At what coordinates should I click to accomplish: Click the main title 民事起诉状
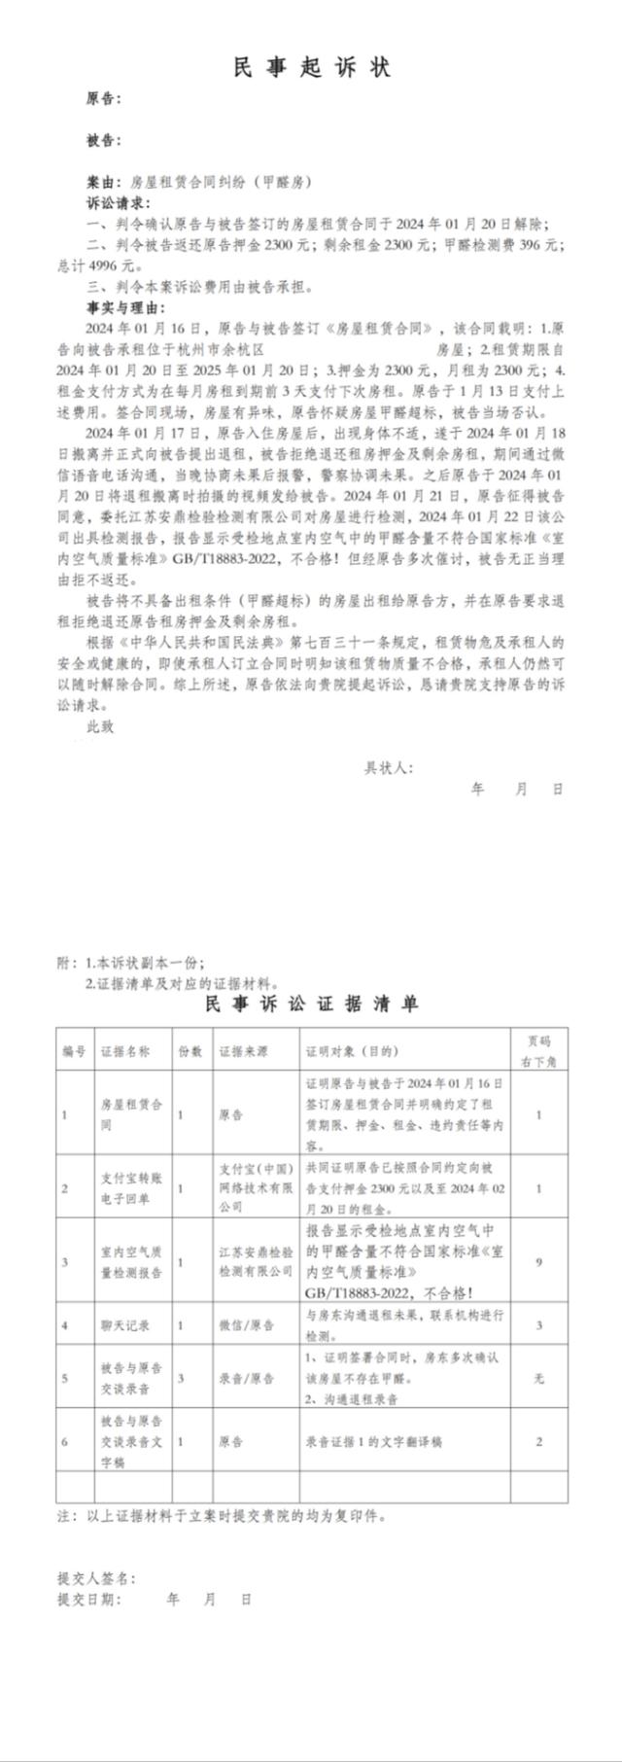point(311,67)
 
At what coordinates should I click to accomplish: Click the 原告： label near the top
point(103,99)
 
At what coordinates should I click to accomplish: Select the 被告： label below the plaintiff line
point(103,141)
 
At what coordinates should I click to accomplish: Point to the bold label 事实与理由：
point(125,307)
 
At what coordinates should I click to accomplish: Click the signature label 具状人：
point(389,767)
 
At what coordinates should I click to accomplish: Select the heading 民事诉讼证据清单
point(311,1004)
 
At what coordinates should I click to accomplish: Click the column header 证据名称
point(125,1051)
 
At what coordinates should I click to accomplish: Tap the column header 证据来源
point(244,1051)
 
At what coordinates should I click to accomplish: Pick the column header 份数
point(190,1051)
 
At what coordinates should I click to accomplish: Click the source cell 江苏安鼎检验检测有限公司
point(255,1262)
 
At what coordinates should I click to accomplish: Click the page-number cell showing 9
point(538,1262)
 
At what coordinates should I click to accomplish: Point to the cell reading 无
point(538,1378)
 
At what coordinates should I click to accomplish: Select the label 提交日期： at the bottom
point(89,1599)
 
